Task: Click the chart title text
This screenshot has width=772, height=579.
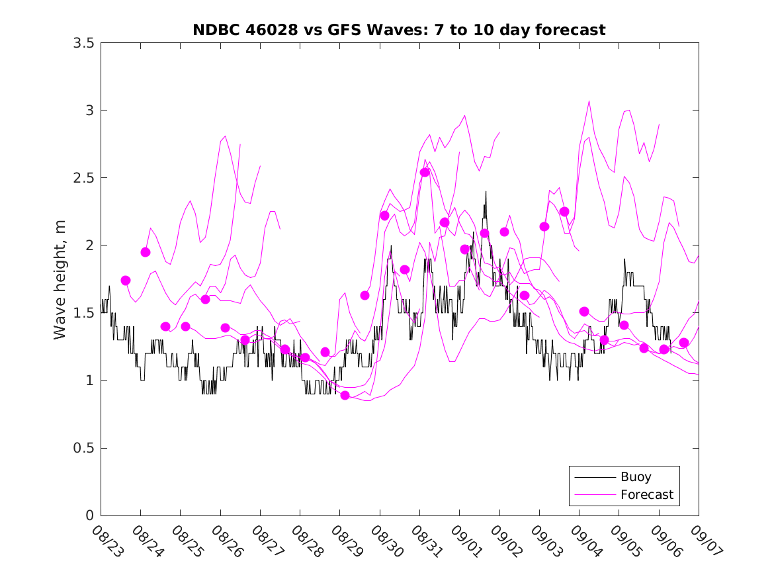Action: pyautogui.click(x=399, y=30)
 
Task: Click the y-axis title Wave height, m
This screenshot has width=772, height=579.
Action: pyautogui.click(x=60, y=279)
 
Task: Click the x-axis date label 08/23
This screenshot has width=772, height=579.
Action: pyautogui.click(x=106, y=541)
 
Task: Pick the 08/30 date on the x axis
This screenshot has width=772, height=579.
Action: pyautogui.click(x=385, y=541)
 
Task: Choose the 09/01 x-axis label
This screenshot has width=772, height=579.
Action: pyautogui.click(x=465, y=541)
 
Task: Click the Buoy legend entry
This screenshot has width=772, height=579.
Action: pyautogui.click(x=635, y=477)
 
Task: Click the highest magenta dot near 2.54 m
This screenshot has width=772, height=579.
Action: pyautogui.click(x=425, y=172)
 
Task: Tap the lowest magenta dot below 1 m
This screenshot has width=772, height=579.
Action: pyautogui.click(x=345, y=395)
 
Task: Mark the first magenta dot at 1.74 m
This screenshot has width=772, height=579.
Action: pyautogui.click(x=126, y=281)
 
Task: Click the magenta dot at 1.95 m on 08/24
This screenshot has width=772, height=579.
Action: pyautogui.click(x=146, y=252)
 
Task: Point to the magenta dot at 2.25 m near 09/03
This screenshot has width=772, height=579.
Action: pyautogui.click(x=564, y=212)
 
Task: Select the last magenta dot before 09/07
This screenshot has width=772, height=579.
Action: pyautogui.click(x=684, y=343)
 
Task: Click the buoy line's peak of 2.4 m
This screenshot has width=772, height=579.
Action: pyautogui.click(x=486, y=191)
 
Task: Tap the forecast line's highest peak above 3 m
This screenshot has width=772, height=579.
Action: pyautogui.click(x=589, y=101)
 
